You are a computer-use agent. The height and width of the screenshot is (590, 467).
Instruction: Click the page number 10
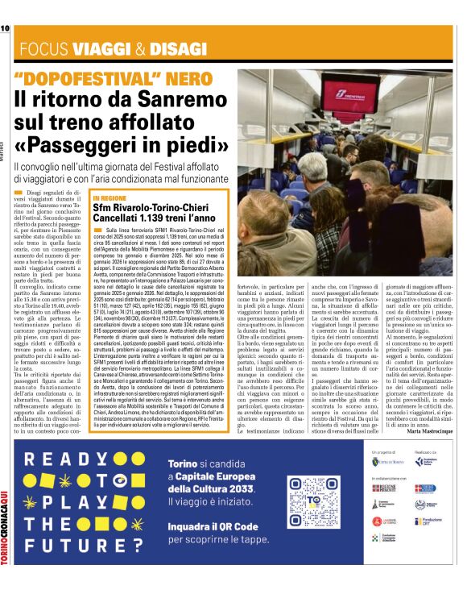pyautogui.click(x=5, y=28)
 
